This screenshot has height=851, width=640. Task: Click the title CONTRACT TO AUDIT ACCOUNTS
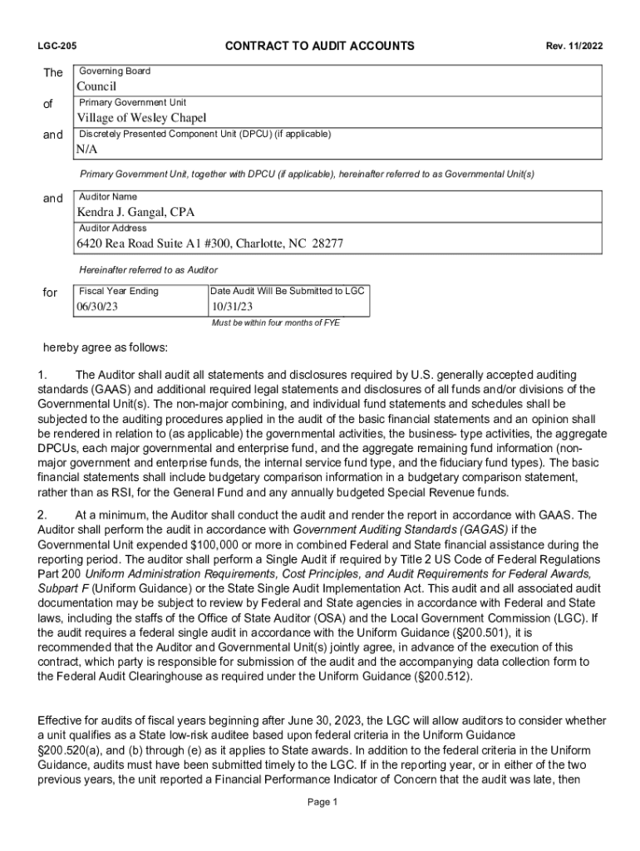coord(320,46)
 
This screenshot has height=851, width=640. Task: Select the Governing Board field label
coord(115,71)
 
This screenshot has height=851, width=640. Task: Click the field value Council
coord(96,86)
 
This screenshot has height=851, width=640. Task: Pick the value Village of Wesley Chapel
coord(141,118)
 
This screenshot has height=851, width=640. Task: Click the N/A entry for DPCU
coord(87,150)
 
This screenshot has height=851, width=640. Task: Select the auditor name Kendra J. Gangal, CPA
coord(135,212)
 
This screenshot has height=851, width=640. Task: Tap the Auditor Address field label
coord(112,228)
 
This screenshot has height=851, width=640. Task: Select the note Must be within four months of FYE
coord(276,322)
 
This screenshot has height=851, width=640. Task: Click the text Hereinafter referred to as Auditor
coord(148,270)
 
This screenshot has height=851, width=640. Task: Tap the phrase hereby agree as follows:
coord(105,347)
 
